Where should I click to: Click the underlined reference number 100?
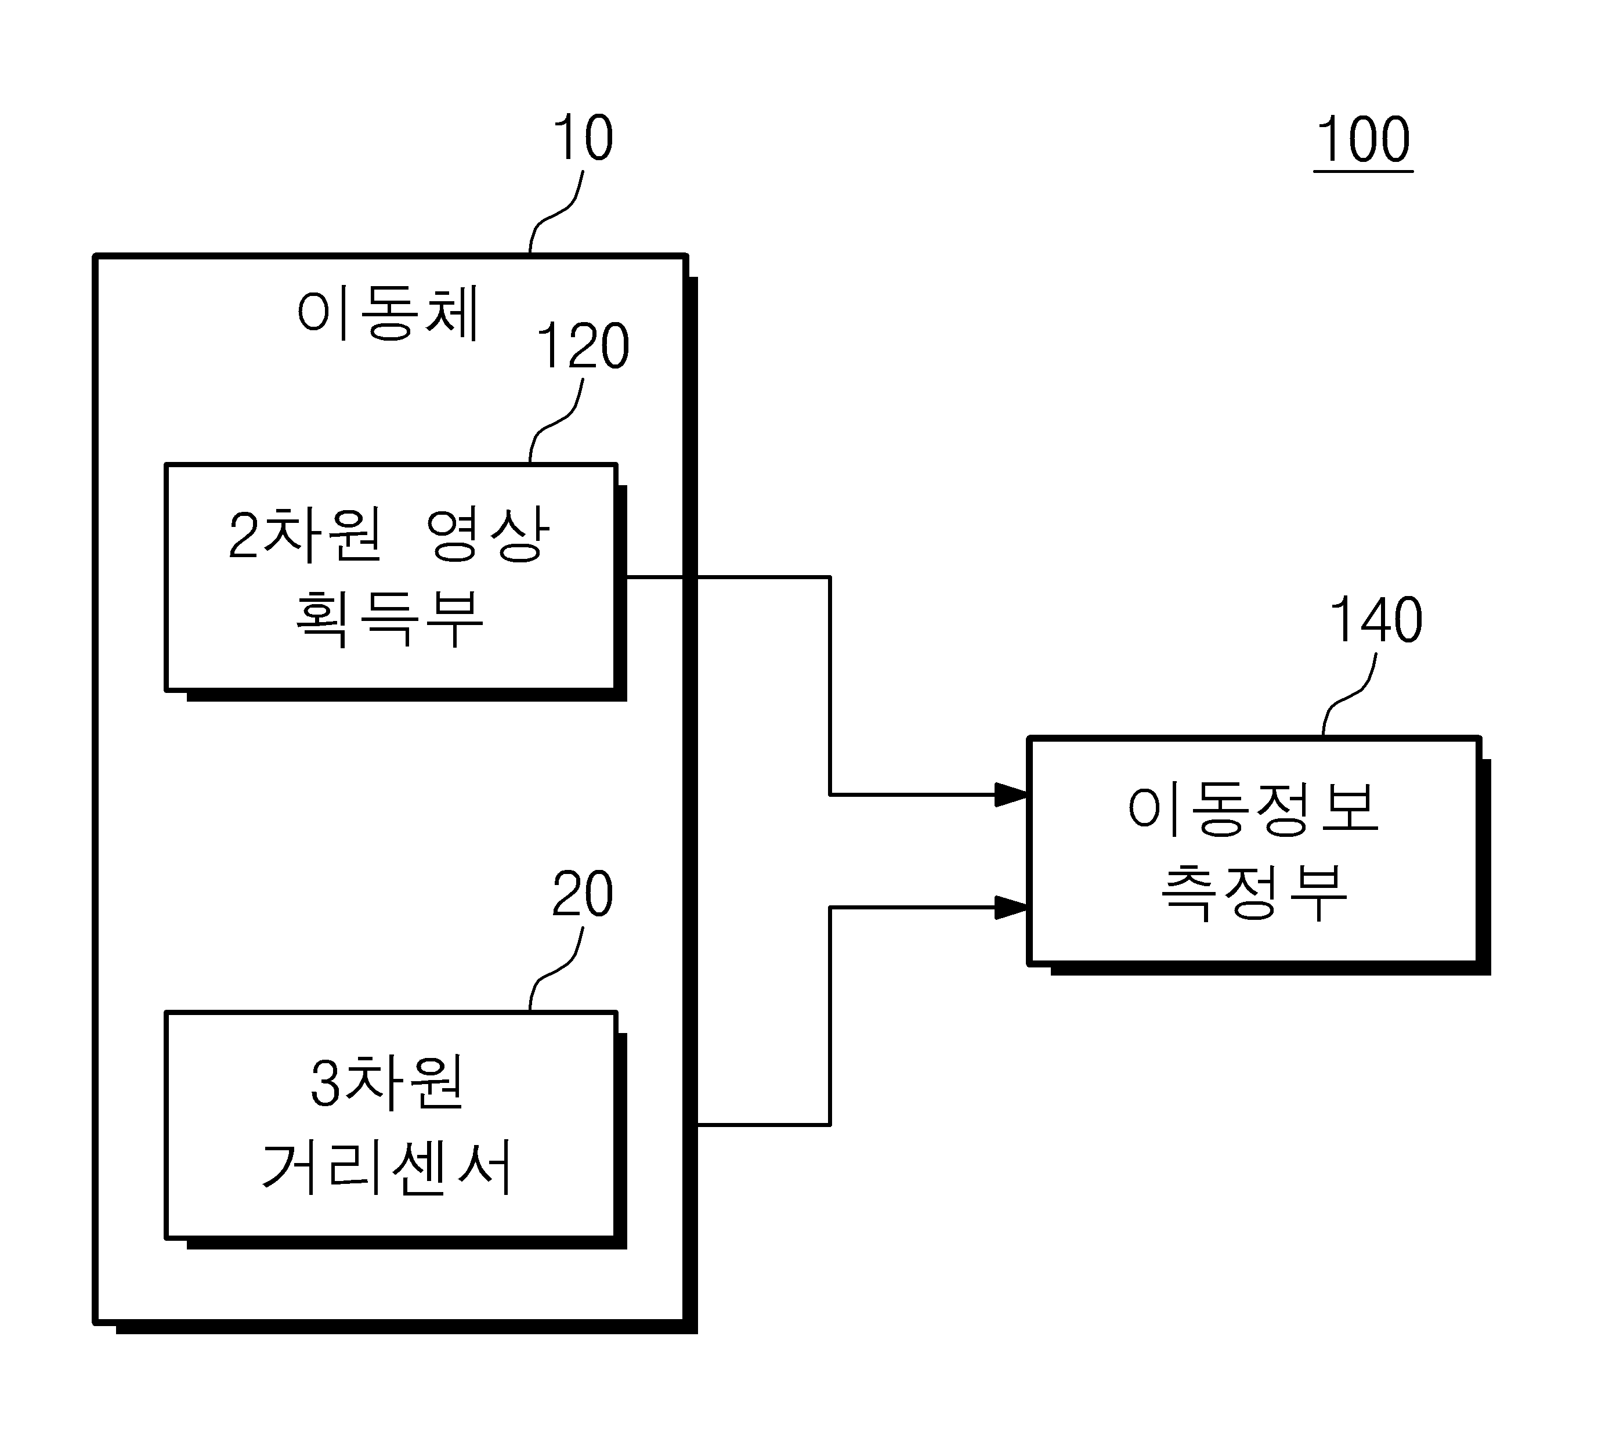pos(1363,139)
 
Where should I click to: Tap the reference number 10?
pos(583,137)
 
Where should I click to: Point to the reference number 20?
pos(583,894)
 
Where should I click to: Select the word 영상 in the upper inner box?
pos(487,534)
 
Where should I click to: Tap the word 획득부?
pos(389,619)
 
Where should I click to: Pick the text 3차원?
pos(386,1082)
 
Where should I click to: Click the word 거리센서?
pos(387,1167)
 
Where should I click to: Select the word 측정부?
pos(1254,893)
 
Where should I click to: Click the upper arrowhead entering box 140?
pos(1011,794)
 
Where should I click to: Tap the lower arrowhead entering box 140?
pos(1011,907)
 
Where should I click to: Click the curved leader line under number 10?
pos(556,211)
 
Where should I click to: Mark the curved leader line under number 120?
pos(556,420)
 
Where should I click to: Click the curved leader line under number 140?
pos(1350,694)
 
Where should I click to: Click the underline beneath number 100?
pos(1363,170)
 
